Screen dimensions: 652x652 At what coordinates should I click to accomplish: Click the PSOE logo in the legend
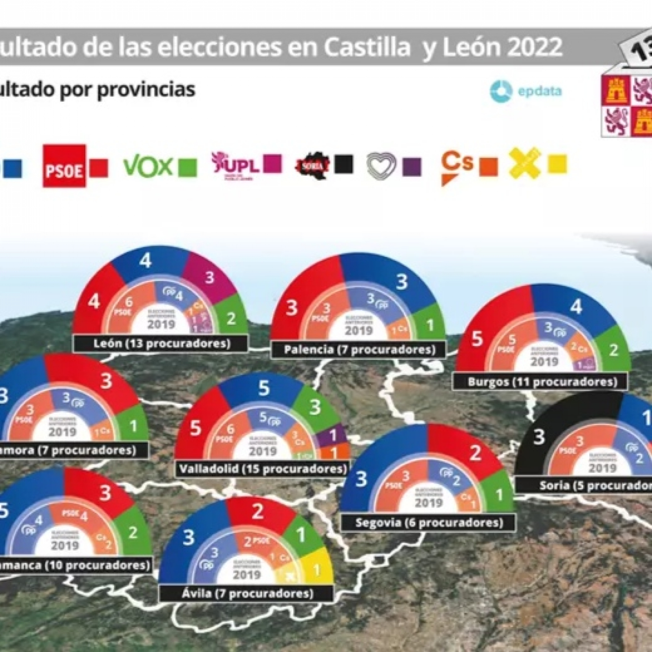[x=64, y=166]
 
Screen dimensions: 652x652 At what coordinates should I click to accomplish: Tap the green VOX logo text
[x=148, y=166]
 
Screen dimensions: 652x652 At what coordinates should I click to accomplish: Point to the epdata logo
[x=526, y=91]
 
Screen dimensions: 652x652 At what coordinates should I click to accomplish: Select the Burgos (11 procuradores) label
[x=542, y=382]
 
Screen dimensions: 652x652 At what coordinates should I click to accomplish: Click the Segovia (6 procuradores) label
[x=429, y=523]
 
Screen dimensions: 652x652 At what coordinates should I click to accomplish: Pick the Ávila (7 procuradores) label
[x=247, y=593]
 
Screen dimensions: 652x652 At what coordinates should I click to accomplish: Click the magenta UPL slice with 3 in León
[x=209, y=278]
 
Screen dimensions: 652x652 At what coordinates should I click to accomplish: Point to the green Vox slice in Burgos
[x=614, y=349]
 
